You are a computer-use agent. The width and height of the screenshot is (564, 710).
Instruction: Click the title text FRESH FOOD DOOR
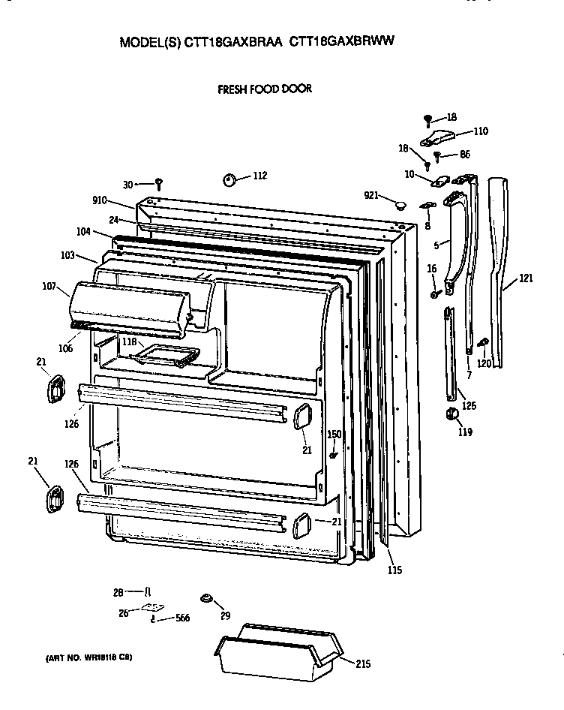[x=264, y=89]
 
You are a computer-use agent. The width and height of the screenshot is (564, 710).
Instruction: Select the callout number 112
[x=259, y=176]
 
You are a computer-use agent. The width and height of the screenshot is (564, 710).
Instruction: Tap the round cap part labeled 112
[x=229, y=179]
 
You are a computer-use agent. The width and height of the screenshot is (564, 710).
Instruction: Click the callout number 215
[x=362, y=664]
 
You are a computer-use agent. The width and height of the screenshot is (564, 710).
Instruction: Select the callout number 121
[x=526, y=278]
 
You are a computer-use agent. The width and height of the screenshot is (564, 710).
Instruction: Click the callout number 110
[x=480, y=131]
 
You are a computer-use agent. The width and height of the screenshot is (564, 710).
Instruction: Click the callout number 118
[x=129, y=342]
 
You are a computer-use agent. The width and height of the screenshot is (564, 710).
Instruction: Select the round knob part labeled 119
[x=451, y=414]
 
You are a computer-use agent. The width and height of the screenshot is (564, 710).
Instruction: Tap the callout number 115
[x=394, y=570]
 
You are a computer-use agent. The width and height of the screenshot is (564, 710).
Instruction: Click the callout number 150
[x=334, y=435]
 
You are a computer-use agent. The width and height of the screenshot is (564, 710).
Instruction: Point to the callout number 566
[x=182, y=618]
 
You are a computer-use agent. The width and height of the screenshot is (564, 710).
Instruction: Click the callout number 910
[x=100, y=200]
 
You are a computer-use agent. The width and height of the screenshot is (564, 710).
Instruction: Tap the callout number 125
[x=468, y=406]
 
